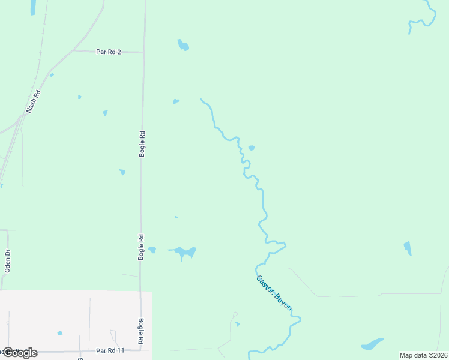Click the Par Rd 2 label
pos(109,52)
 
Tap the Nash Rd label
pos(33,101)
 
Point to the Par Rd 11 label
pos(110,350)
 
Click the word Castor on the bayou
pos(265,284)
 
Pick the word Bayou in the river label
pos(284,302)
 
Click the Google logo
pos(19,353)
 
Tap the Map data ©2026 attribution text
pos(423,355)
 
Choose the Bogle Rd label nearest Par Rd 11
pos(141,331)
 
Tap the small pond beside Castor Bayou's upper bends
pos(252,148)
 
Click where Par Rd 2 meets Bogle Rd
pos(144,53)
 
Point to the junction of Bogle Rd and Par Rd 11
pos(140,350)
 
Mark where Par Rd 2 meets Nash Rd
pos(73,51)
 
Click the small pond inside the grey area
pos(59,333)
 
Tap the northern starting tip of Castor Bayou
pos(201,100)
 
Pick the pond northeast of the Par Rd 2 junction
pos(183,45)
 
